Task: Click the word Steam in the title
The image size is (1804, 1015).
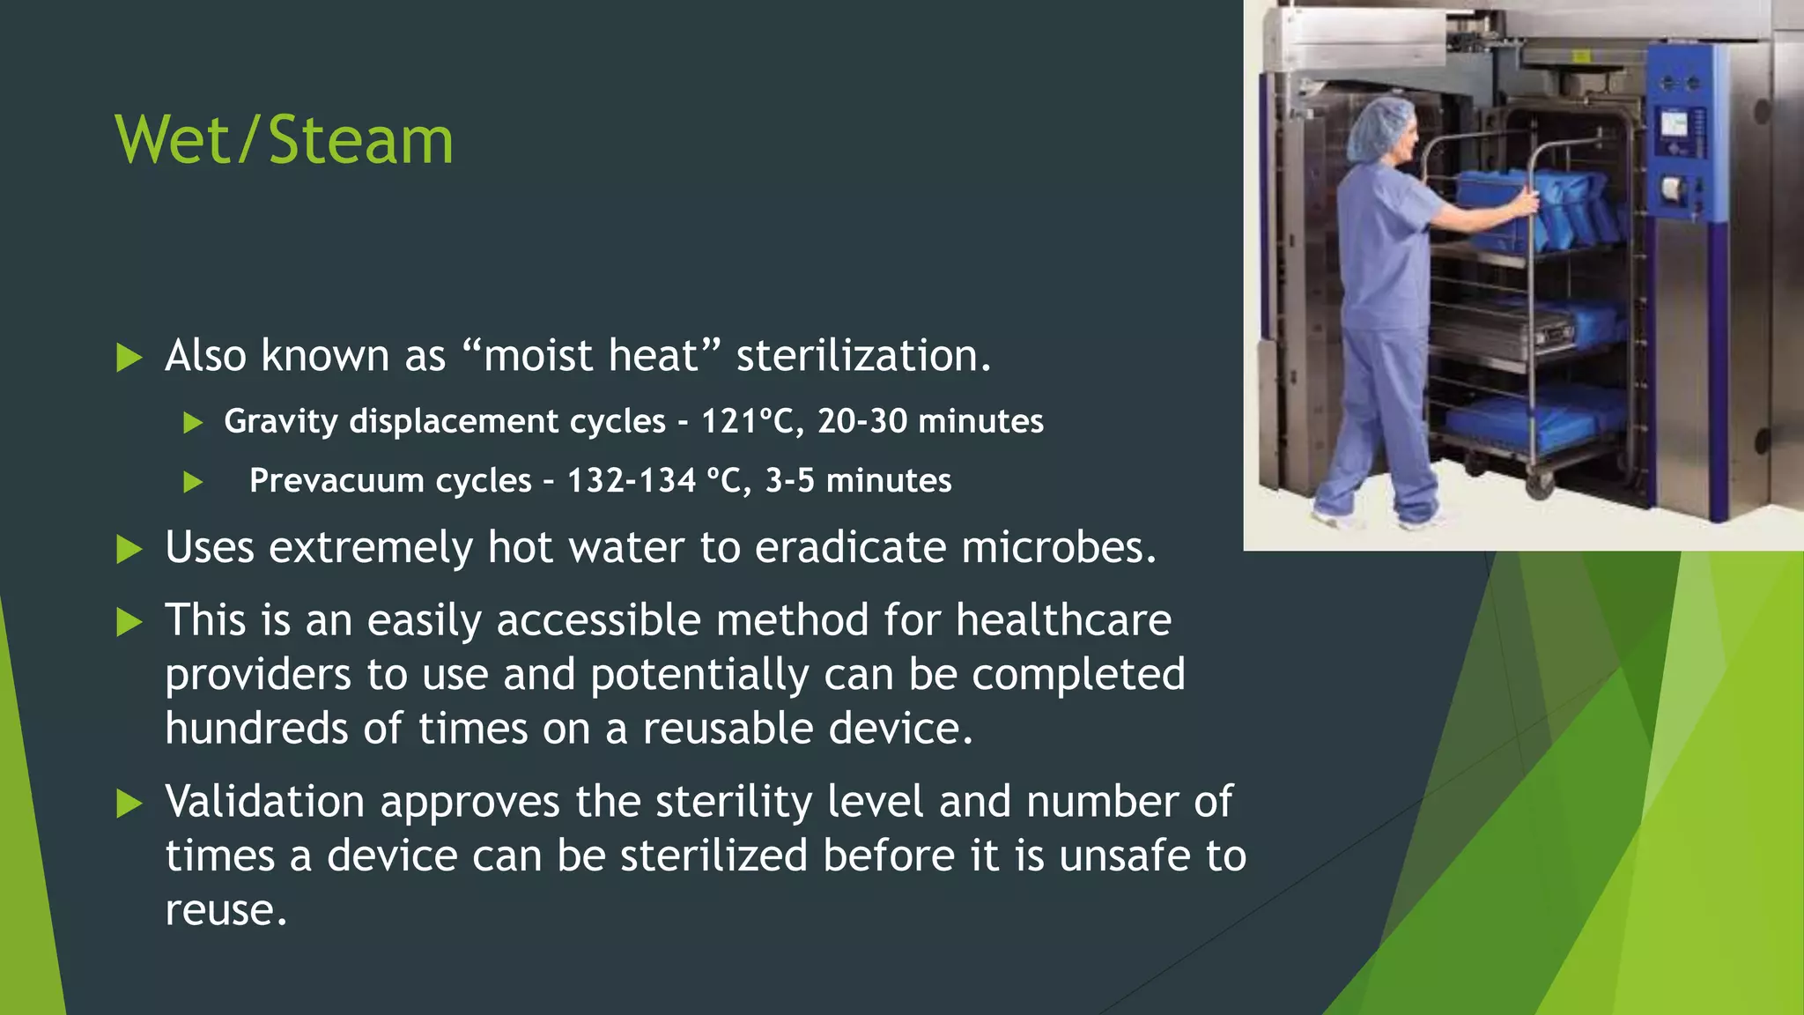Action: coord(361,141)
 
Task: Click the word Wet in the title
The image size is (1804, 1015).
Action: coord(173,141)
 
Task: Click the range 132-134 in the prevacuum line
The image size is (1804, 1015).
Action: coord(631,481)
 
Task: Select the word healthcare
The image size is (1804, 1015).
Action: coord(1063,619)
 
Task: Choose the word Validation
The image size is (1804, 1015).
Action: coord(264,802)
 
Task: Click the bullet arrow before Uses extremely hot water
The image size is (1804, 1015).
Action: coord(129,550)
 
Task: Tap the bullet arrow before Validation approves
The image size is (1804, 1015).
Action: coord(129,804)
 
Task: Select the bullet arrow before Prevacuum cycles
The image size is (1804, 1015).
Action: coord(193,482)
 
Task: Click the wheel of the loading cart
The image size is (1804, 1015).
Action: coord(1538,484)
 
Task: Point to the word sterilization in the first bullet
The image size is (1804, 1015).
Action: coord(863,356)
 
